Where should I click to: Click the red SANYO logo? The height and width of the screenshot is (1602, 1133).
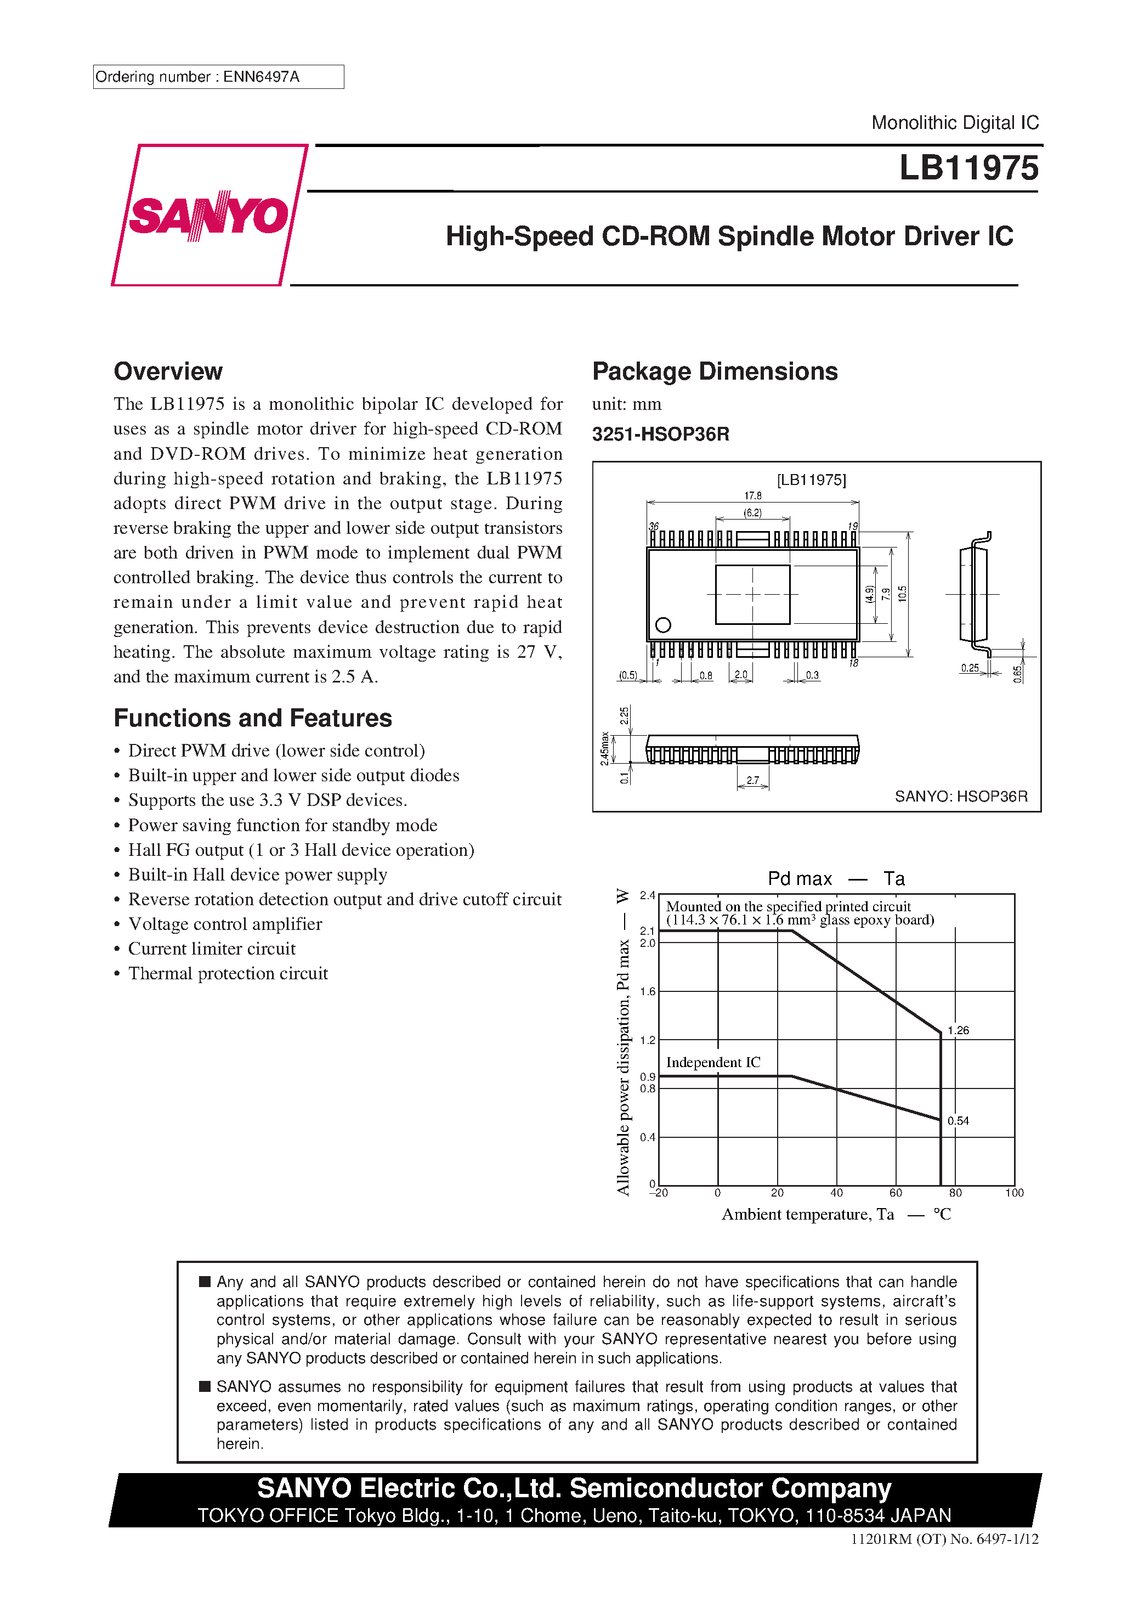click(x=208, y=215)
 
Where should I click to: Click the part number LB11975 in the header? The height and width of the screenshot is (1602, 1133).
click(x=968, y=168)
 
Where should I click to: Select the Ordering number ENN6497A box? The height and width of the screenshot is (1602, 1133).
click(x=218, y=77)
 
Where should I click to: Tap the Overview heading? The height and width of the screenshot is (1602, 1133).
click(x=168, y=371)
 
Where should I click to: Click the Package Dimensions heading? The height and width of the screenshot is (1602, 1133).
click(x=715, y=371)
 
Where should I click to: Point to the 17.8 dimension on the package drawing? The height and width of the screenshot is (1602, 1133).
click(x=753, y=495)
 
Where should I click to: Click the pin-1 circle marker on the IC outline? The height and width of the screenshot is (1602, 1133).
click(x=664, y=624)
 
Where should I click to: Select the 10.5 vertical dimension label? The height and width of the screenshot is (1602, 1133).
click(x=903, y=594)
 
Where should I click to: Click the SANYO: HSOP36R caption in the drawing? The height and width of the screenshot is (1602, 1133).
click(x=961, y=796)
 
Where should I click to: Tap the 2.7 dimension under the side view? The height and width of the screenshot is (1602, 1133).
click(x=753, y=781)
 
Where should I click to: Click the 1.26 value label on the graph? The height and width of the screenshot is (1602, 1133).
click(x=958, y=1030)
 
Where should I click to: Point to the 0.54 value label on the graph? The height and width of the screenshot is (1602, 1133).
click(x=958, y=1120)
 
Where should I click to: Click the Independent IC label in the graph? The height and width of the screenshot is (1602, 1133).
click(x=713, y=1062)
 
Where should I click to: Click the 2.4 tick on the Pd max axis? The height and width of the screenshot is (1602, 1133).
click(x=648, y=895)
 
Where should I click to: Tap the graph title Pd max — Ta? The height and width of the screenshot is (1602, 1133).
click(x=836, y=878)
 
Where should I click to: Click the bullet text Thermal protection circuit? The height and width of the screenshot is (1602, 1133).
click(x=228, y=973)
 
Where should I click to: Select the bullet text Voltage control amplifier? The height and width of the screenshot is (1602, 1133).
click(x=225, y=924)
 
